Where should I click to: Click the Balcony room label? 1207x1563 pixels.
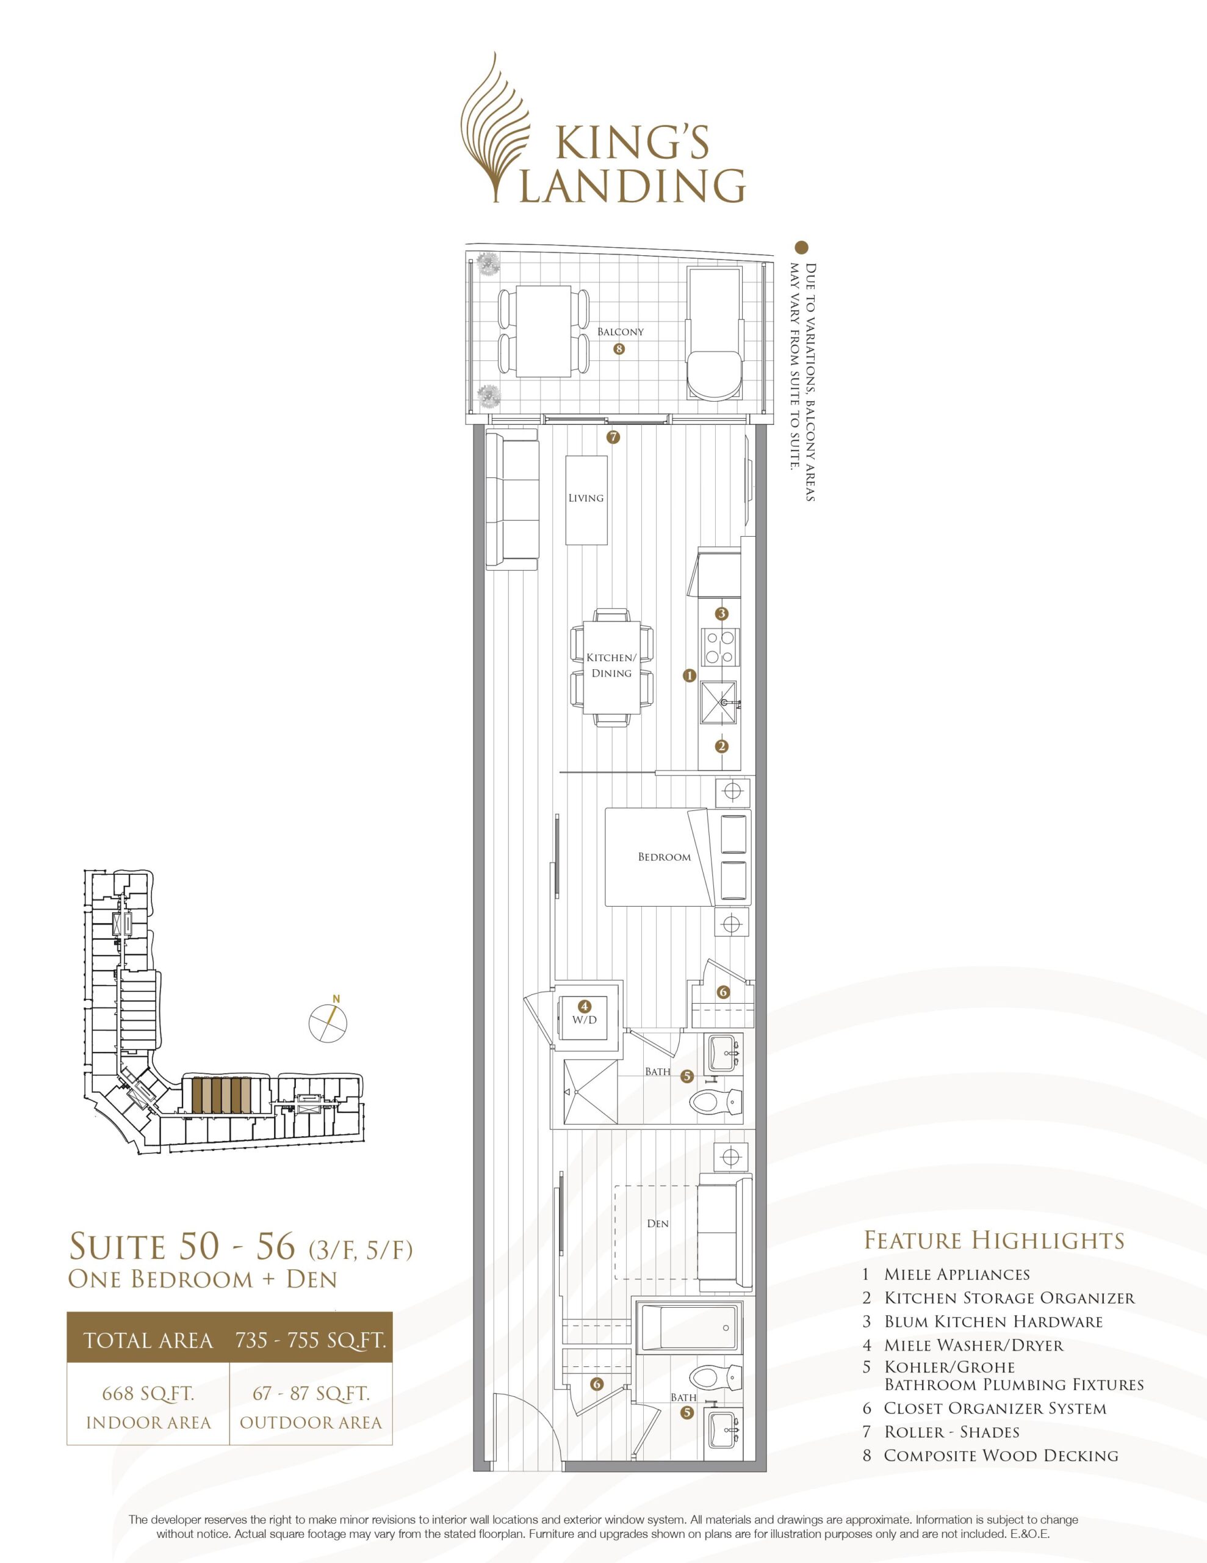coord(621,332)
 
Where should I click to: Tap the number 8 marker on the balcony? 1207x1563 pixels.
coord(619,350)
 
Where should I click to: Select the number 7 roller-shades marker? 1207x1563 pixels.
coord(613,437)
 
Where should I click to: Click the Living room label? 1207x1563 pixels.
coord(586,498)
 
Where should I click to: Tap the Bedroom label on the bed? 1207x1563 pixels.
coord(665,857)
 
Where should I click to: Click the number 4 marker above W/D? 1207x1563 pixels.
coord(585,1006)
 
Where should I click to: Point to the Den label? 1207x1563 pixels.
coord(658,1223)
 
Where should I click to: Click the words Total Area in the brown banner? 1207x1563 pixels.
coord(148,1340)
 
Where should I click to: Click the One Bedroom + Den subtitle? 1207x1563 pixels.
coord(203,1279)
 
